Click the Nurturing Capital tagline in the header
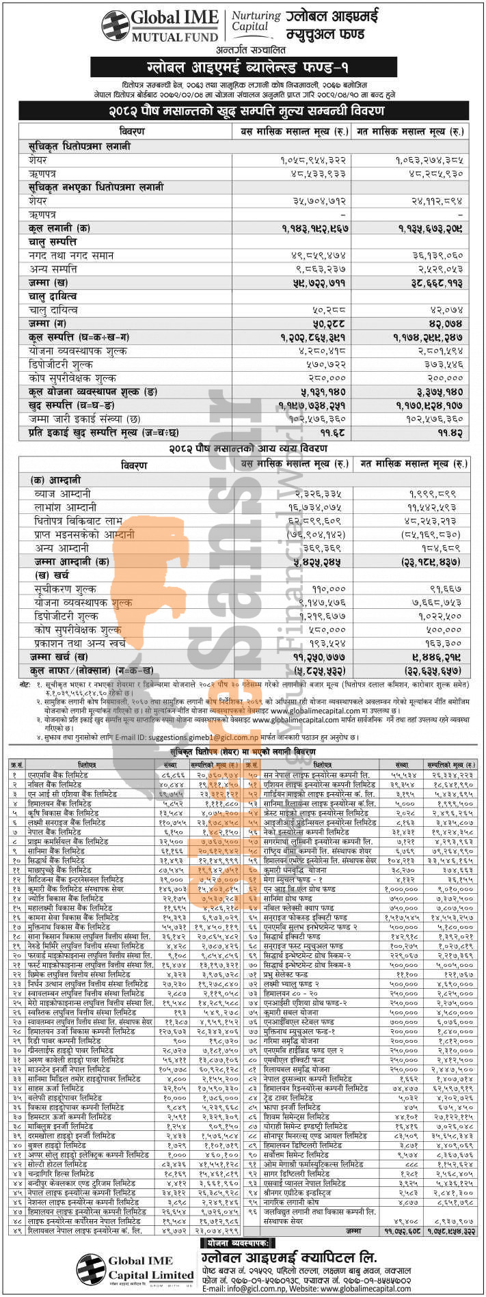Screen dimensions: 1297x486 tap(256, 21)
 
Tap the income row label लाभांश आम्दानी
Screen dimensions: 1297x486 tap(66, 508)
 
